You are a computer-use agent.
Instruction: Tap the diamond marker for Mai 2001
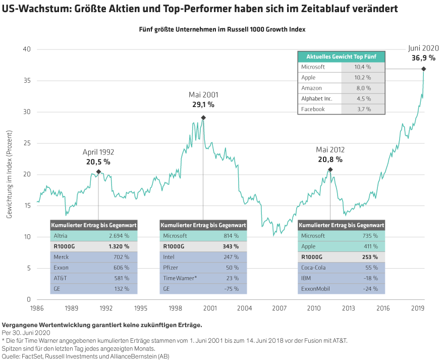point(203,118)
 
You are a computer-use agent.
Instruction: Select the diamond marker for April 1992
point(98,172)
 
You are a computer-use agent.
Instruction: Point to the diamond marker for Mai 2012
point(330,170)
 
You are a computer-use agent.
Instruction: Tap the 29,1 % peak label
point(203,105)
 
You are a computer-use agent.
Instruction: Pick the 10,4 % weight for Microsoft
point(362,67)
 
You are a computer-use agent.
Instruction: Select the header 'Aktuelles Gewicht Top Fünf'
point(342,56)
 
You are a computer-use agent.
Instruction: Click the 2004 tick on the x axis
point(244,307)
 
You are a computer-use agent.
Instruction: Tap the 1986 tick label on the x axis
point(37,307)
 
